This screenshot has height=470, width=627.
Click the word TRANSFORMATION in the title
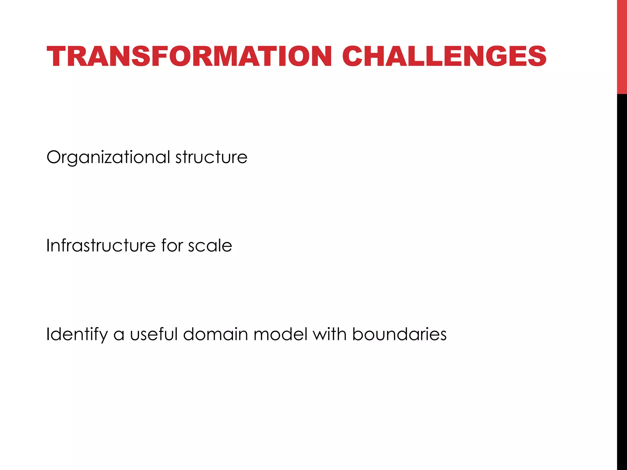189,56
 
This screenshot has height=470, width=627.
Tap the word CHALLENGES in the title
444,56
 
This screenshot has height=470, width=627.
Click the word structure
211,157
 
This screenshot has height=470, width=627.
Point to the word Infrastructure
101,245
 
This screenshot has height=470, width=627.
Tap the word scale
210,245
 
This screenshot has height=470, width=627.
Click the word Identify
77,334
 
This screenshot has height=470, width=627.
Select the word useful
154,334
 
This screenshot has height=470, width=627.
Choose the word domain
216,334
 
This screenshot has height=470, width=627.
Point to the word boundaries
399,334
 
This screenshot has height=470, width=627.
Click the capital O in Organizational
55,157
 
